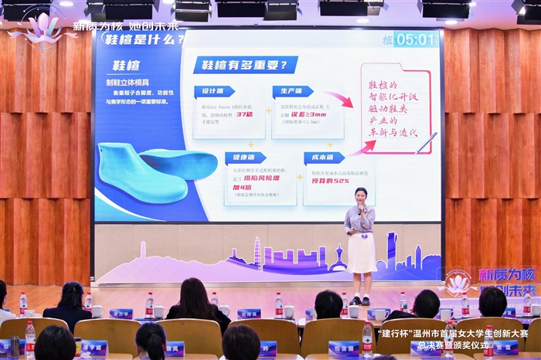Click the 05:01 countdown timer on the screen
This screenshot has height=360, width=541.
pos(415,39)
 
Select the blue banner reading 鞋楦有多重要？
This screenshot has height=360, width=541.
pos(245,65)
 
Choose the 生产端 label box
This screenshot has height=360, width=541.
pos(292,91)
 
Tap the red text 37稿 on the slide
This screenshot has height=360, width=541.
pos(244,114)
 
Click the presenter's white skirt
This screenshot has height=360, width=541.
pos(361,252)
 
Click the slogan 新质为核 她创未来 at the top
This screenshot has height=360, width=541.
pos(126,25)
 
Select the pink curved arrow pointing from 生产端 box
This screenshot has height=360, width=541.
pos(341,100)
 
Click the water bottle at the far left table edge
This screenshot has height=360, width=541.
pos(23,304)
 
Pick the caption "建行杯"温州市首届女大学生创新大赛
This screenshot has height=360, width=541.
pos(453,334)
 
